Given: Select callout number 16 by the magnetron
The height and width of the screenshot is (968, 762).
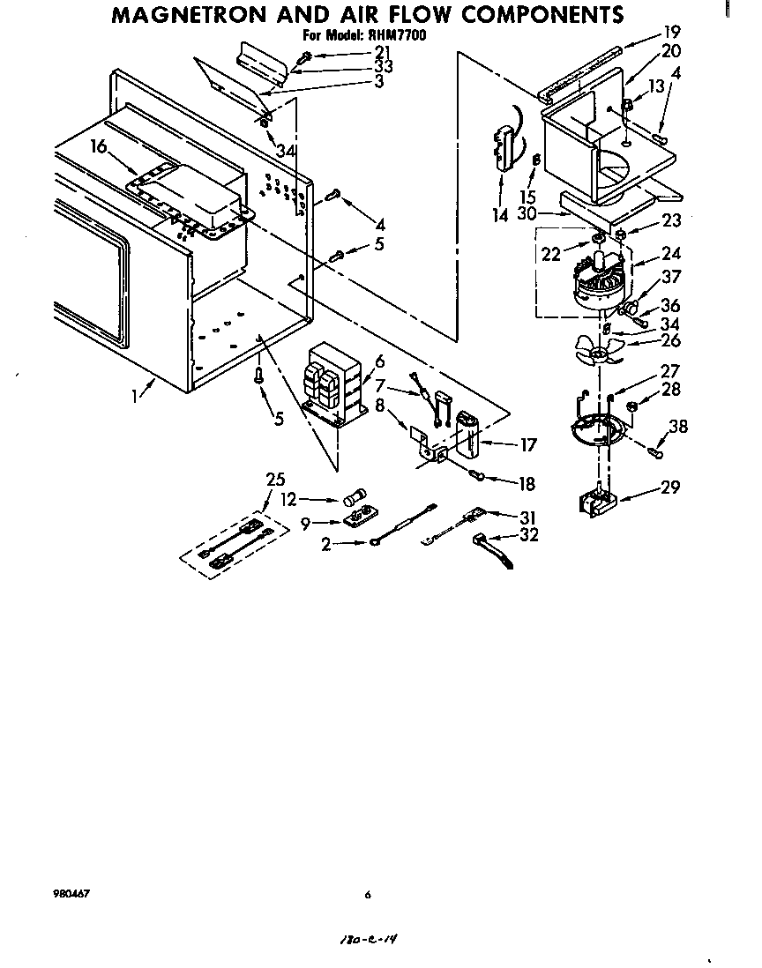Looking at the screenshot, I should [x=99, y=146].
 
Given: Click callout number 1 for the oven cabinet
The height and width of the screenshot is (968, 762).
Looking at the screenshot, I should [x=136, y=396].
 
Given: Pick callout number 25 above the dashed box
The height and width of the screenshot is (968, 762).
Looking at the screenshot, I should [x=274, y=479].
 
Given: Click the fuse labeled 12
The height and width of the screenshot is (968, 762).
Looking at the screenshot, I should [x=359, y=499].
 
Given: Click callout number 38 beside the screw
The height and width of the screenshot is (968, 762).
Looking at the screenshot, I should [x=678, y=427].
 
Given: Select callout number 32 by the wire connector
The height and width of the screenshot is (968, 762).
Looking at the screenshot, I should [x=529, y=534].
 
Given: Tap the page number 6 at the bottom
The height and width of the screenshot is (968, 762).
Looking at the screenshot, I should [x=368, y=895].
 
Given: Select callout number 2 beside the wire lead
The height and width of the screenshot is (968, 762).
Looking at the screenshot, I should [x=325, y=545].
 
